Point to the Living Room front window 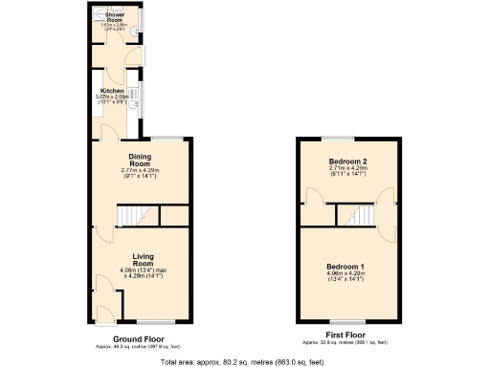152,321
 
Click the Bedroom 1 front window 345,322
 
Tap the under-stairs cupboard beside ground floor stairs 171,216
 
